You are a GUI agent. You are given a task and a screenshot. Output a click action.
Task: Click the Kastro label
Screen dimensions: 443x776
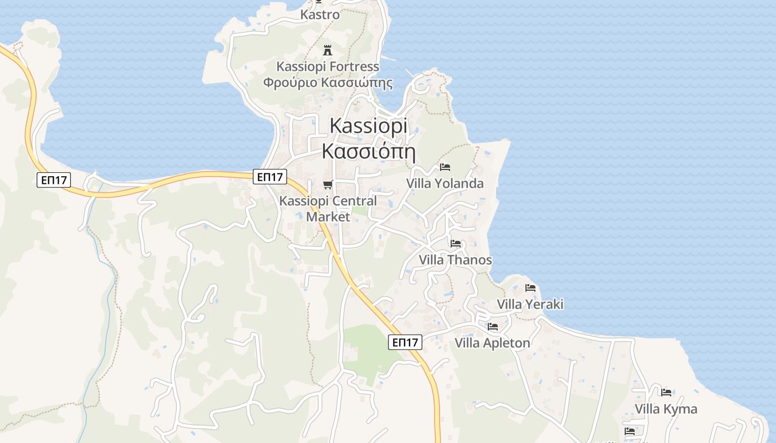tap(320, 15)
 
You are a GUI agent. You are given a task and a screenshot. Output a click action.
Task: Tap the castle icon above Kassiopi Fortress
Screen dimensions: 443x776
tap(328, 50)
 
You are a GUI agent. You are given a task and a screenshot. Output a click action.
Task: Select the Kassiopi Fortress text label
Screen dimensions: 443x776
tap(328, 67)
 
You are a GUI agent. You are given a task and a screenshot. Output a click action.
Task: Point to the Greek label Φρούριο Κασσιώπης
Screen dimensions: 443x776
tap(328, 83)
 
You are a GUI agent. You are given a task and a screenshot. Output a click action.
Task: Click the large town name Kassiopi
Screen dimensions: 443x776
tap(368, 126)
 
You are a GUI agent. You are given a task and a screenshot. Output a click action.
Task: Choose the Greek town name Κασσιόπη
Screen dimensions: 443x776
tap(368, 151)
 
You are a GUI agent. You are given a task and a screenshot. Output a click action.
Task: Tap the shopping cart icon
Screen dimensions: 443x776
tap(328, 184)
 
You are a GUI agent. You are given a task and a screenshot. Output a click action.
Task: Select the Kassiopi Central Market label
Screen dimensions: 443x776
tap(328, 209)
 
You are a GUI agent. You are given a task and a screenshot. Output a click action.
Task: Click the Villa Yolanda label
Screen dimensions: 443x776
tap(445, 183)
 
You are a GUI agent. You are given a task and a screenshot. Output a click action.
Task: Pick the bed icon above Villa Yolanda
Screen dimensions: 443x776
tap(445, 167)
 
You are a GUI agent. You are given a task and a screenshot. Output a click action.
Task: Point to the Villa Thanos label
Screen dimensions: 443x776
tap(455, 260)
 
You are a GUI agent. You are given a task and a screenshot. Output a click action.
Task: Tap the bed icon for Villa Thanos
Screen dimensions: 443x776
tap(456, 243)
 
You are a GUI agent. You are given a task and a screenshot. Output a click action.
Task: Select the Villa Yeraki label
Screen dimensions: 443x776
tap(530, 304)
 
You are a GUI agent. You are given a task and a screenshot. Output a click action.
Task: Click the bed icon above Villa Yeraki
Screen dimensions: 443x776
tap(530, 288)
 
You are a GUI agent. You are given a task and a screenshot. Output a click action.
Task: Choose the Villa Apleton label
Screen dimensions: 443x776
tap(492, 343)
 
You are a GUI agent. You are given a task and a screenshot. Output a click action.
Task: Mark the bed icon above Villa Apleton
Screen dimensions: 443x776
tap(493, 327)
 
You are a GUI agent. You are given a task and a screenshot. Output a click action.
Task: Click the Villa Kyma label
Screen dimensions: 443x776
tap(666, 409)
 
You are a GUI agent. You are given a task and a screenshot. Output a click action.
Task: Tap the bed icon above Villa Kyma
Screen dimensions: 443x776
tap(666, 393)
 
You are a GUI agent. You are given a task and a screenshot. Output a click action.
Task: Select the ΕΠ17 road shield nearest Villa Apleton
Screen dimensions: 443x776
tap(405, 342)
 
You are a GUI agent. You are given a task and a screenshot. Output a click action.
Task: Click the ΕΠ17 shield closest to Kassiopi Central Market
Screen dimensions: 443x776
tap(270, 177)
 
